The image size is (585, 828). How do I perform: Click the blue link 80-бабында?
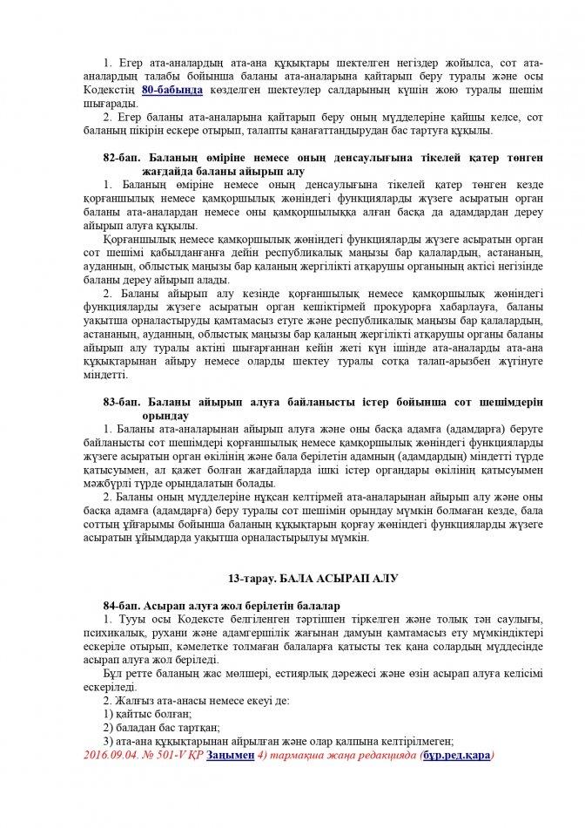point(173,90)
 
